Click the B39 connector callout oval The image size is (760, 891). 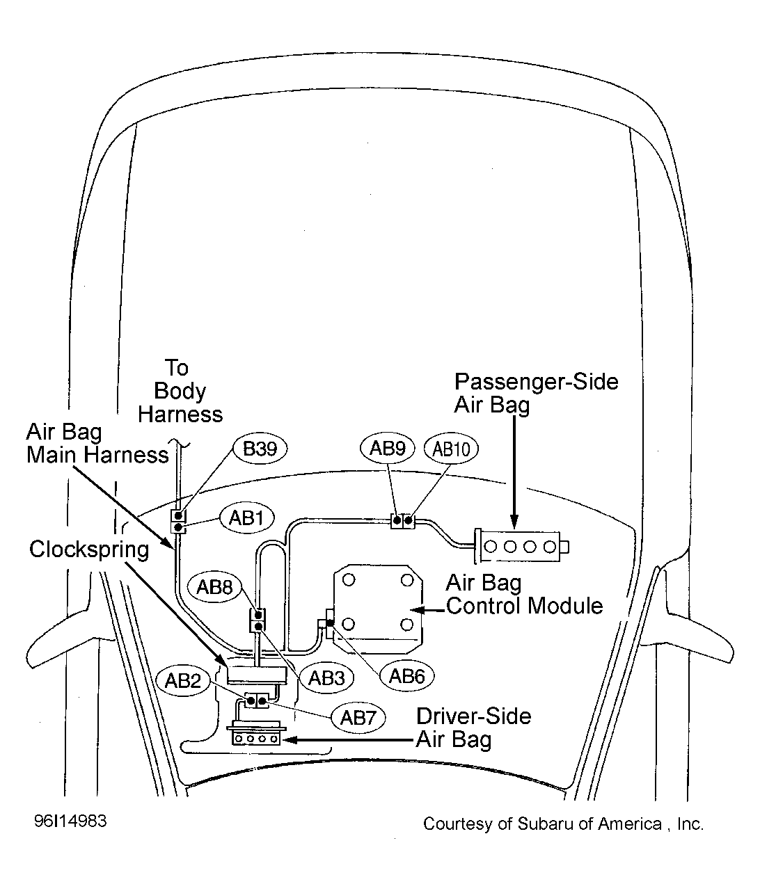tap(260, 449)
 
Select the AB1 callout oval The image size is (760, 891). tap(246, 517)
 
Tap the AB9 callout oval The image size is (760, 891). tap(388, 449)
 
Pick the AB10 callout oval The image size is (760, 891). tap(451, 449)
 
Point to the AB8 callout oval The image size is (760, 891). tap(215, 586)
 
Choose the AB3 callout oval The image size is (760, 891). tap(326, 678)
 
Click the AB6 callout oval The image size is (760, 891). tap(406, 676)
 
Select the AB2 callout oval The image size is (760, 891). tap(183, 681)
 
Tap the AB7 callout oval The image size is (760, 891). tap(358, 718)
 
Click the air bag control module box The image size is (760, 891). tap(379, 609)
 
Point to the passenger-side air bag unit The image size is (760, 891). tap(521, 547)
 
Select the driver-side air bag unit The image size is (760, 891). tap(257, 734)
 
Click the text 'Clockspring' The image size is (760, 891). tap(89, 550)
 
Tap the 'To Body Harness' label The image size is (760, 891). tap(180, 391)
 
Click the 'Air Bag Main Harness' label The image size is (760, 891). tap(97, 443)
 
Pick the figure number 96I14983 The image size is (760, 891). tap(70, 821)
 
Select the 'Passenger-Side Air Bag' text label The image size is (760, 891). tap(537, 393)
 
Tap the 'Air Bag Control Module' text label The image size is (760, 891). tap(525, 594)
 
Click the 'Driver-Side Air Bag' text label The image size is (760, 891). tap(473, 728)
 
